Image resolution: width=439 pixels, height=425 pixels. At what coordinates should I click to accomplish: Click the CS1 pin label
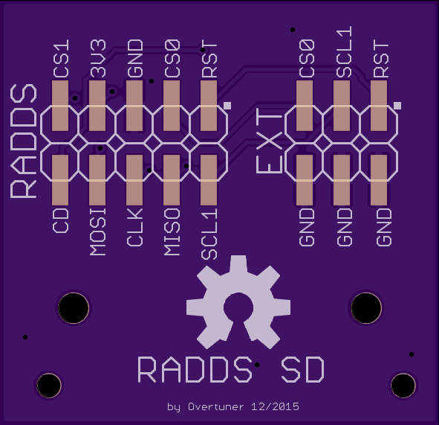[61, 58]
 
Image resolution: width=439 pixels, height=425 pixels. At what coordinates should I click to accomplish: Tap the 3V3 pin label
[98, 58]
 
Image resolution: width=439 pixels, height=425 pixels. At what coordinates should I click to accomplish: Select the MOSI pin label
[98, 231]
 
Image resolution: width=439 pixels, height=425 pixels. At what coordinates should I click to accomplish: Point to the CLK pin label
[135, 227]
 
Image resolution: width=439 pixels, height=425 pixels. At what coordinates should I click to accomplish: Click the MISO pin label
[172, 231]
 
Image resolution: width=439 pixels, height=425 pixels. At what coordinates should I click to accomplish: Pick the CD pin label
[60, 220]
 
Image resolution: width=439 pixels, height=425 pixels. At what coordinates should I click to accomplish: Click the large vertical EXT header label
[270, 141]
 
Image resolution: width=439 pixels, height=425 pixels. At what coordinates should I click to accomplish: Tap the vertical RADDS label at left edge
[24, 141]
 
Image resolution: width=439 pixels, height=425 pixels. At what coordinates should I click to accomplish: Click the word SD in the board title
[302, 370]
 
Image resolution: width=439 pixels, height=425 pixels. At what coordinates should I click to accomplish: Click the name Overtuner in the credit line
[216, 406]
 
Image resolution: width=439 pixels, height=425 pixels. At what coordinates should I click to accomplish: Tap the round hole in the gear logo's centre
[238, 307]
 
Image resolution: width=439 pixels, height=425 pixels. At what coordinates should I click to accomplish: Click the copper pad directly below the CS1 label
[60, 106]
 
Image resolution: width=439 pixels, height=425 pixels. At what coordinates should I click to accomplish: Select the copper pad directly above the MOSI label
[97, 180]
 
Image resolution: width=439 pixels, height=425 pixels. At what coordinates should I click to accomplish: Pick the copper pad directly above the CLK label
[134, 180]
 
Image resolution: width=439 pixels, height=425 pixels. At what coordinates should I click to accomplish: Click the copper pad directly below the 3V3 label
[97, 106]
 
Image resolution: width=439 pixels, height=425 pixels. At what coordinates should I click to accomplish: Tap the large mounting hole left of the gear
[74, 308]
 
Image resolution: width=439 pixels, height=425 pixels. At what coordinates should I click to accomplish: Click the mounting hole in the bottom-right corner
[403, 385]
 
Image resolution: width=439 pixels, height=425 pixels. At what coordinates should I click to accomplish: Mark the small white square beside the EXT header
[397, 106]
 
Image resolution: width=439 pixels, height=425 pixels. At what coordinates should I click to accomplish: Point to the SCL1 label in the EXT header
[345, 51]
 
